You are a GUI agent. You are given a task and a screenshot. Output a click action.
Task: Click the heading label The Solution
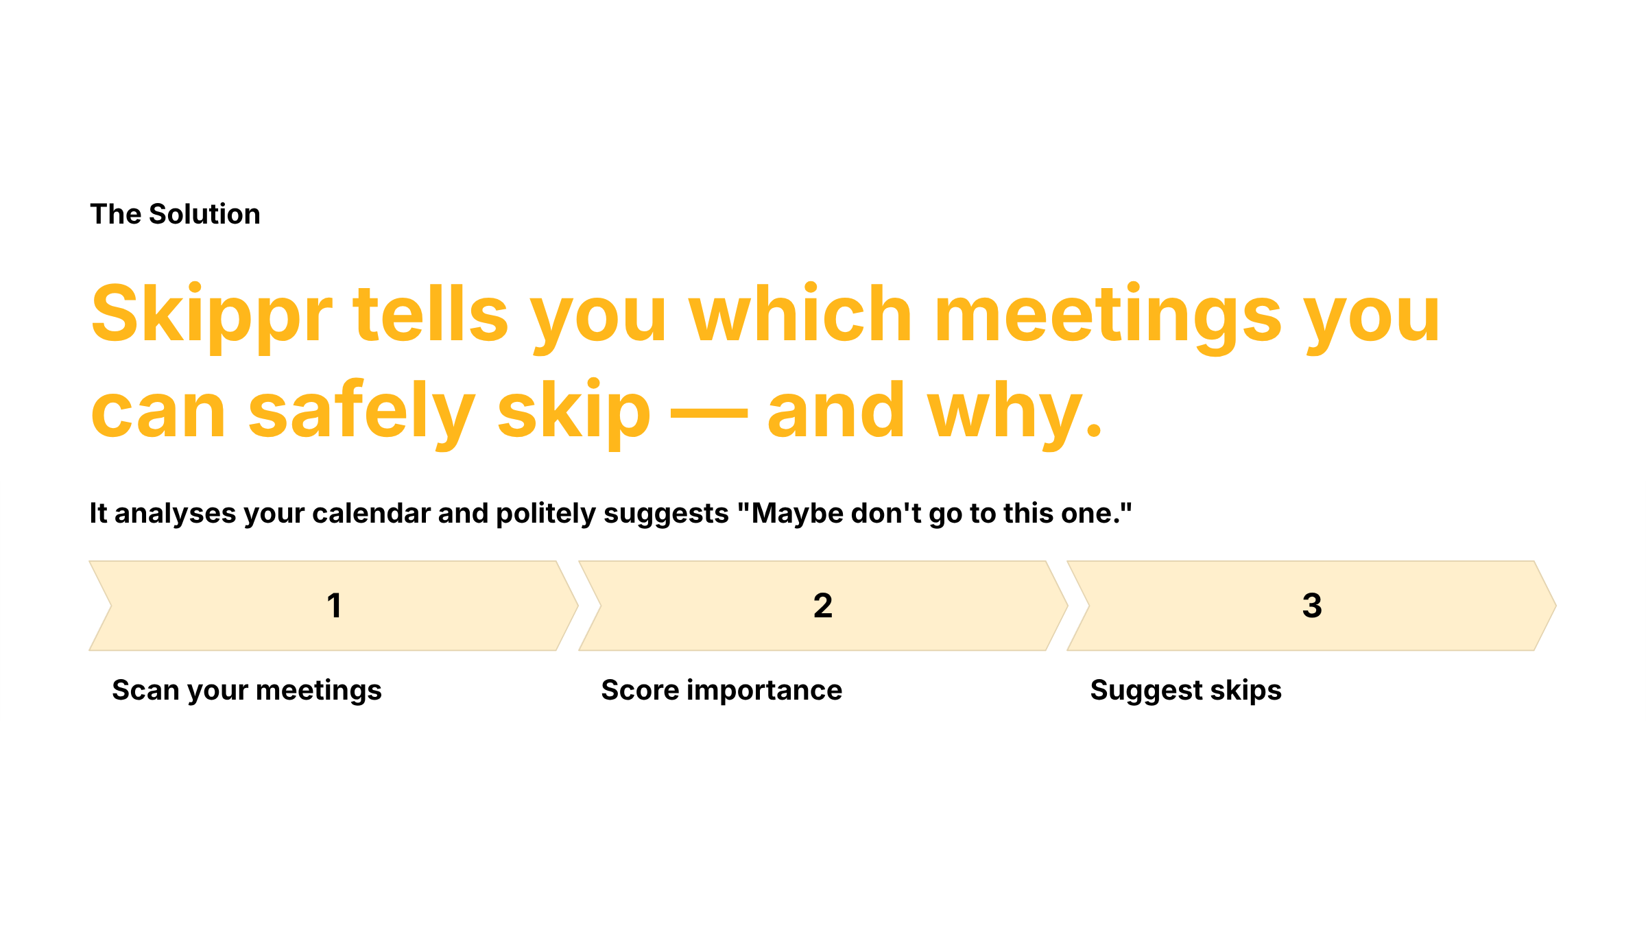(x=175, y=214)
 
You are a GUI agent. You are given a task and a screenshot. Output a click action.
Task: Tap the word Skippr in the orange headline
(x=211, y=315)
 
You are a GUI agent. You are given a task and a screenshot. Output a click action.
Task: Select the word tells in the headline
(x=431, y=315)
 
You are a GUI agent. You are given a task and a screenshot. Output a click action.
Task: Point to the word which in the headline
(x=800, y=315)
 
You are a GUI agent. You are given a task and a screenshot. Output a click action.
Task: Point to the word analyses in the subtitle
(x=175, y=514)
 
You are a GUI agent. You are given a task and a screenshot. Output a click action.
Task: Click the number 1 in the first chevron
(x=334, y=606)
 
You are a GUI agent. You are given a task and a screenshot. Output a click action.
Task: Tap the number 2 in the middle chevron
(x=823, y=606)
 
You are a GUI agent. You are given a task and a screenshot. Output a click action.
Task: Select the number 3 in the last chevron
(x=1312, y=606)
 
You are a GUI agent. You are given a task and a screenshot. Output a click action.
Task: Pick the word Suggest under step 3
(x=1146, y=691)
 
